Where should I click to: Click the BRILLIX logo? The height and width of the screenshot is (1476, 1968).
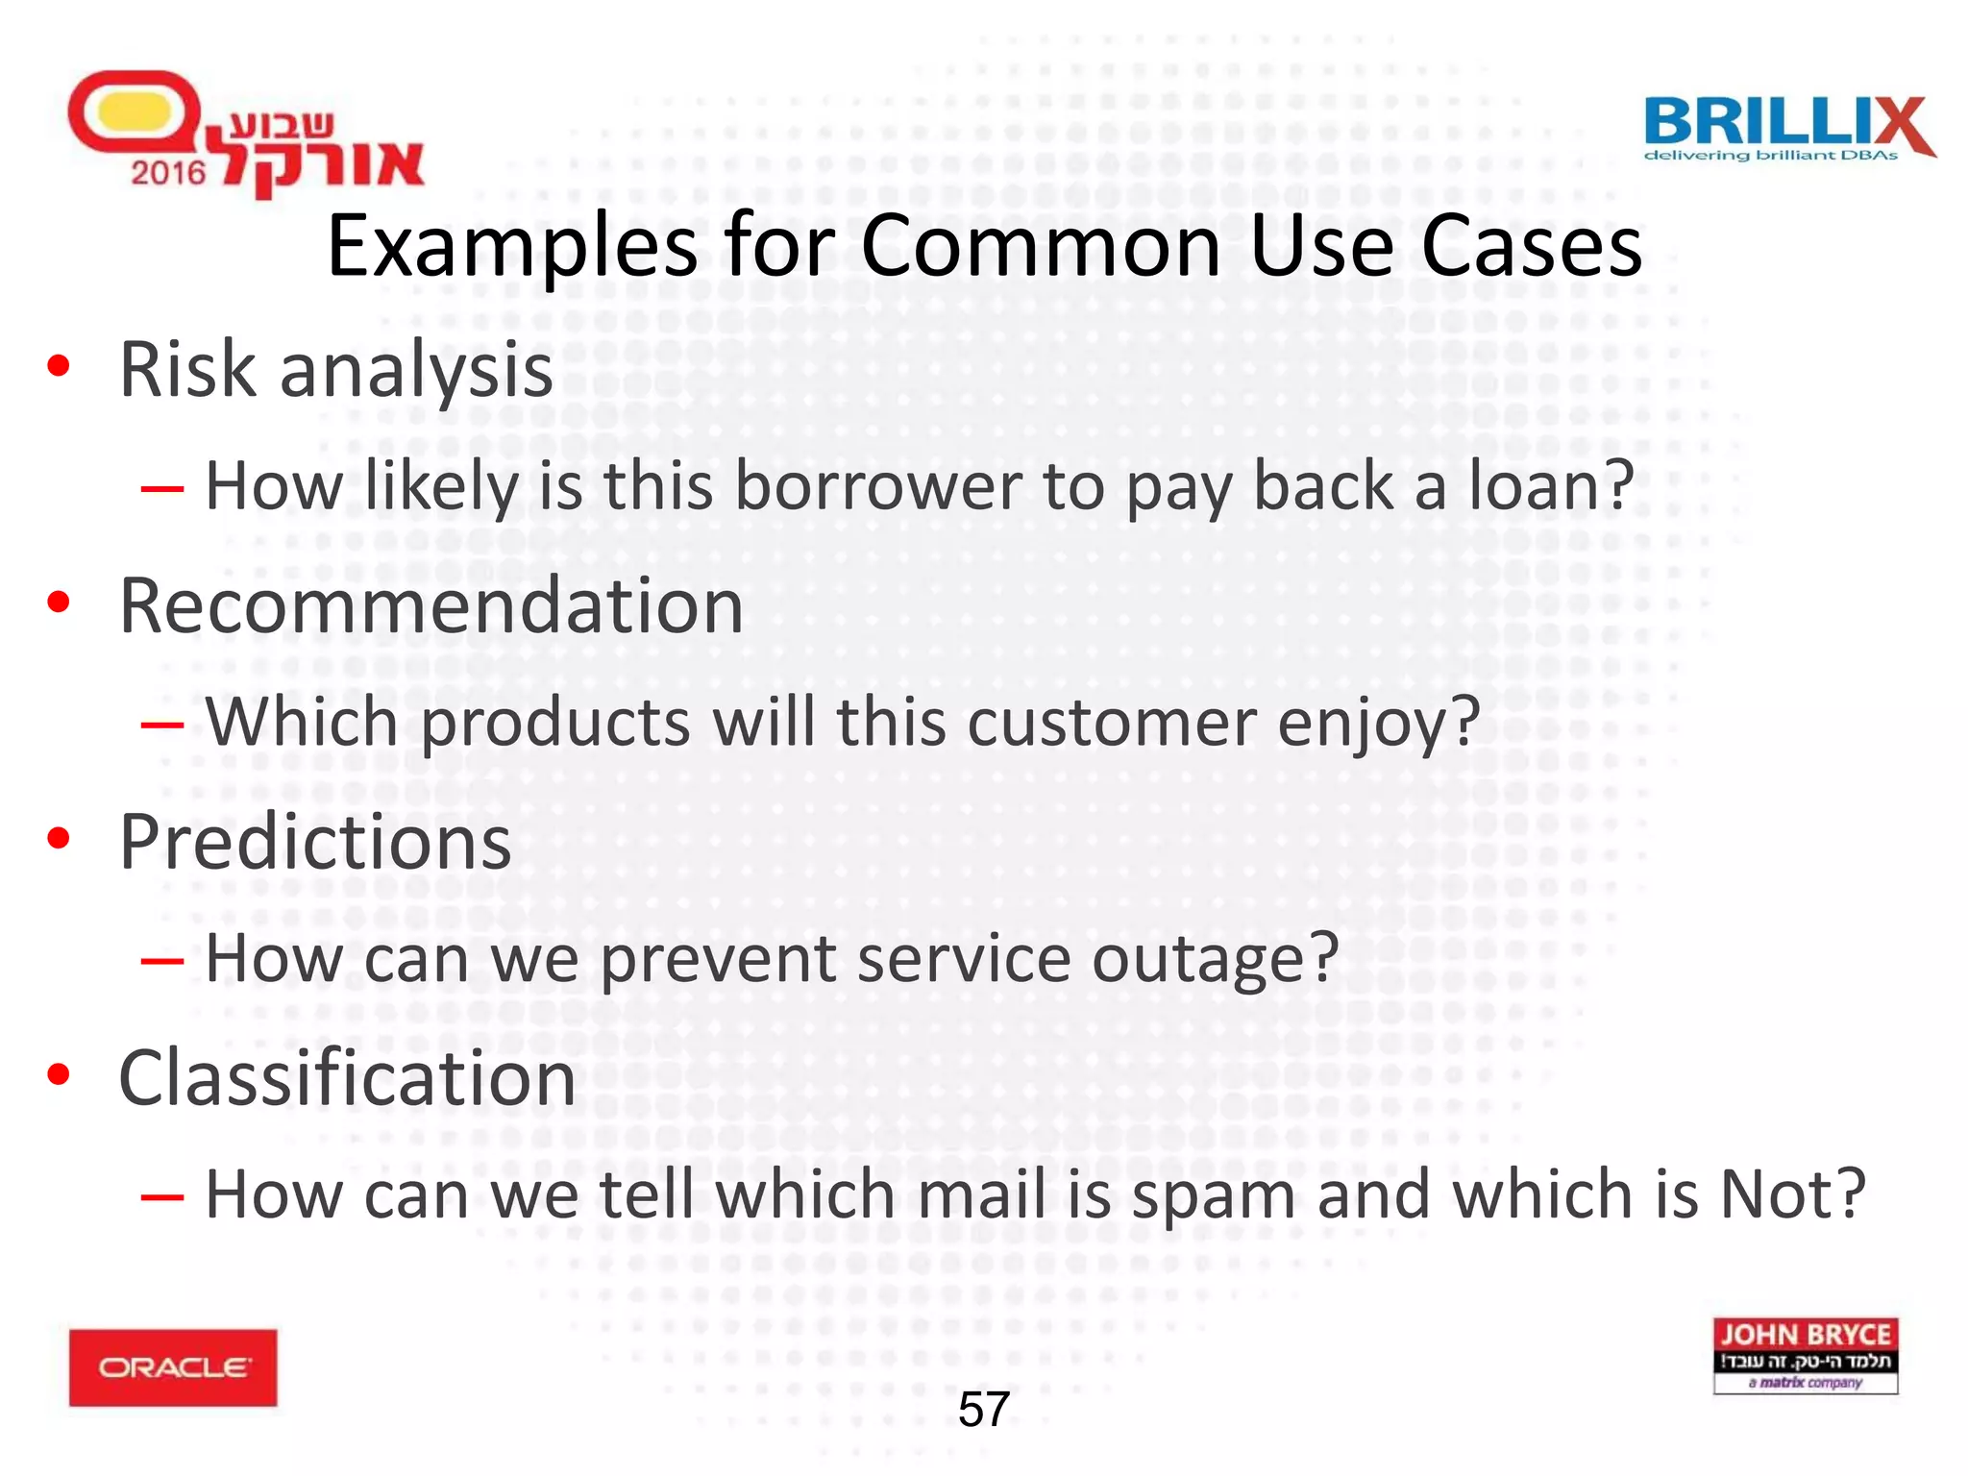click(1788, 129)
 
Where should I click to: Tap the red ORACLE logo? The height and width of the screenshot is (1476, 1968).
click(173, 1367)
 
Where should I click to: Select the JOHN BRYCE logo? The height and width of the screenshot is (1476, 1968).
click(1805, 1355)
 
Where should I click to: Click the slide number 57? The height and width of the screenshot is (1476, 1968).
click(983, 1410)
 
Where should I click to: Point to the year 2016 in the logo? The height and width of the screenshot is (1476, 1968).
click(168, 173)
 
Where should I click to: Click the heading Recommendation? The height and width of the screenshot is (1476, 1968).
click(431, 606)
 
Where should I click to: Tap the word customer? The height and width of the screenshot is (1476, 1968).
click(1112, 723)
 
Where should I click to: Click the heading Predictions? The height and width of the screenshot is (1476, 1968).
click(315, 843)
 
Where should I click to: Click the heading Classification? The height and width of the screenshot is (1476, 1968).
click(347, 1078)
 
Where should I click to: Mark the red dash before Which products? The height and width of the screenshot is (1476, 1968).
click(161, 725)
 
